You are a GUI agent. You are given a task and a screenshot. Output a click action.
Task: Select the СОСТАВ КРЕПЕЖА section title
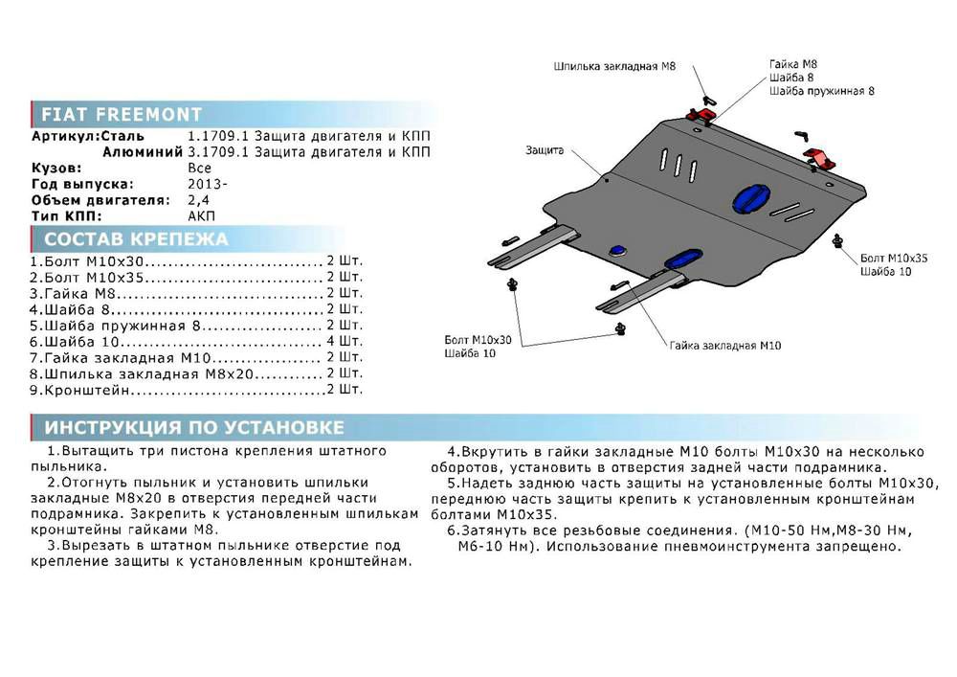pos(136,239)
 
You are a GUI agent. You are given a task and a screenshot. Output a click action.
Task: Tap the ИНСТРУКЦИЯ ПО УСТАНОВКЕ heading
pos(194,427)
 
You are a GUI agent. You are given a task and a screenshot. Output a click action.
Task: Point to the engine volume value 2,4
pos(198,200)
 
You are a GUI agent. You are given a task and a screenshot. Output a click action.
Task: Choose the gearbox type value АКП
pos(202,216)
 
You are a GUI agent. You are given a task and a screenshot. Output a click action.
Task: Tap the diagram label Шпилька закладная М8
pos(613,67)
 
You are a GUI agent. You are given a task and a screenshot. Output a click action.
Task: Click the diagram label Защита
pos(544,150)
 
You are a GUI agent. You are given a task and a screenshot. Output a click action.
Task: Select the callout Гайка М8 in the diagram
pos(793,64)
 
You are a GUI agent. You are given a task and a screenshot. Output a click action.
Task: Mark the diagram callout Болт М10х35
pos(894,259)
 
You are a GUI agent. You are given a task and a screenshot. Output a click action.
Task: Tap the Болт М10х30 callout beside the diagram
pos(478,340)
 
